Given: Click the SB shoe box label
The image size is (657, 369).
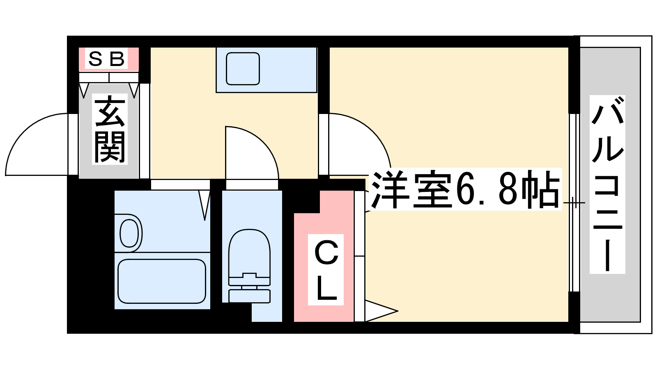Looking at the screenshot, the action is [106, 59].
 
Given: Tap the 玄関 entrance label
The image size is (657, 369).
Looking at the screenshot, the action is [110, 129].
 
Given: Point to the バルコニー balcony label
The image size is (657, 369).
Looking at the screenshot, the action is [607, 184].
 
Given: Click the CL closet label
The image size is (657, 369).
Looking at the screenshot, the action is [326, 270].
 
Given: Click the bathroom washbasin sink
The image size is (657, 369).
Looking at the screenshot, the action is [129, 233].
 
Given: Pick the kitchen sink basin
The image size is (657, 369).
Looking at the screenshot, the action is [243, 68].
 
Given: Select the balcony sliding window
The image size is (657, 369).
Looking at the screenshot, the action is [574, 203].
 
